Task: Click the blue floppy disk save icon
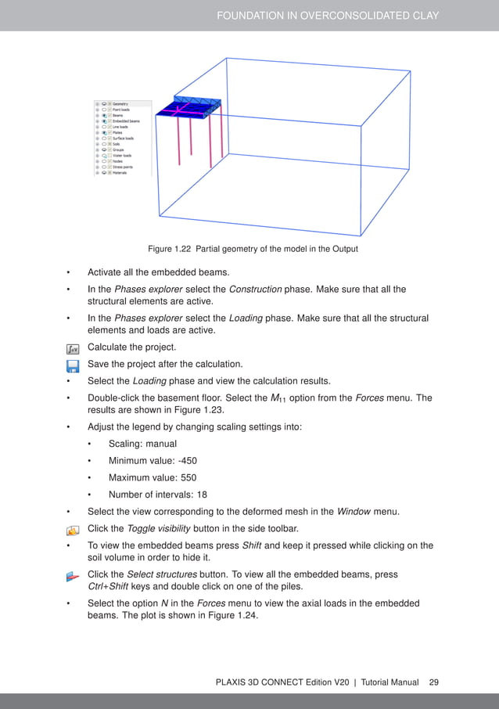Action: pos(72,365)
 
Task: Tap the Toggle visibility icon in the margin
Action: pos(72,529)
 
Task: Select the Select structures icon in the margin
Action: pos(72,576)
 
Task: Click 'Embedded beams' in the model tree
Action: pos(125,121)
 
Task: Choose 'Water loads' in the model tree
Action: pos(122,155)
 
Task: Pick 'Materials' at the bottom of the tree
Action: pos(120,172)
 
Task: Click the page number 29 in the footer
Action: pos(433,682)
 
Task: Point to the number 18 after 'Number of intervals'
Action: pos(206,495)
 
